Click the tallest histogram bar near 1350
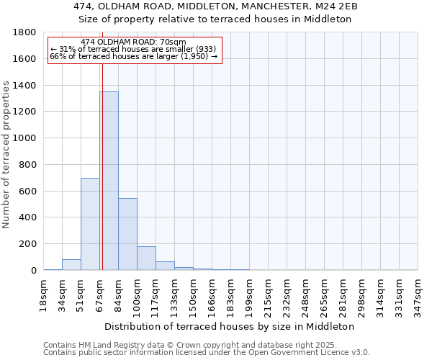point(109,181)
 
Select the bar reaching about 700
point(90,224)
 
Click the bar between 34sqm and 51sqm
point(71,264)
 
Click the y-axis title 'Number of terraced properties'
point(7,155)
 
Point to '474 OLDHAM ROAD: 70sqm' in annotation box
point(133,42)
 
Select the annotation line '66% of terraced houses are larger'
point(133,56)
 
